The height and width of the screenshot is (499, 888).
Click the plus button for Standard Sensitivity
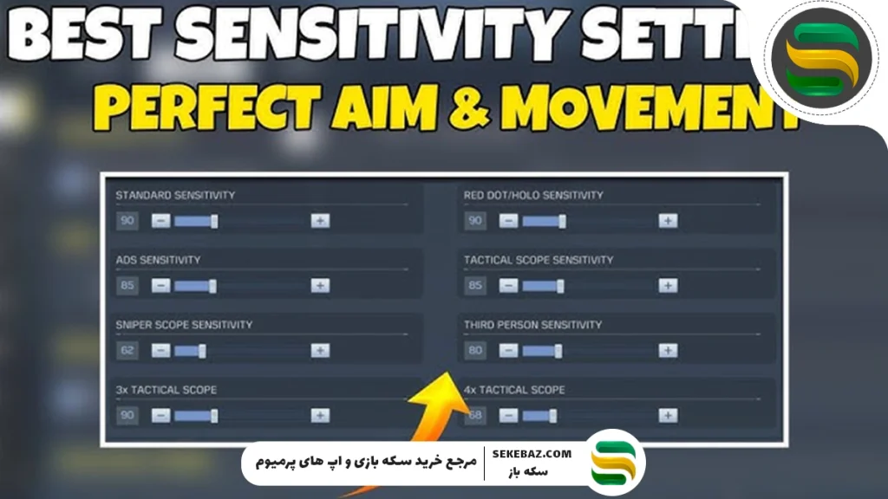[320, 221]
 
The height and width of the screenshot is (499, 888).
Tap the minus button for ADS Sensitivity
[161, 286]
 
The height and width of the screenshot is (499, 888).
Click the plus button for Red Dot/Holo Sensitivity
[667, 221]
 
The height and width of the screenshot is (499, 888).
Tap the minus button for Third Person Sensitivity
[509, 351]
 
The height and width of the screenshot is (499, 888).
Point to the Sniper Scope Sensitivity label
[184, 325]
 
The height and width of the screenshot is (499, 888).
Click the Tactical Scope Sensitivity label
[539, 260]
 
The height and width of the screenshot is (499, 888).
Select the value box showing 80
[475, 351]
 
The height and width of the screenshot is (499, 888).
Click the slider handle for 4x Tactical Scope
[552, 416]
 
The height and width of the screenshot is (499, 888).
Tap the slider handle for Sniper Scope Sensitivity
[202, 351]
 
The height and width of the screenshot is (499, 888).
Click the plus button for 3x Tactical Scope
[320, 416]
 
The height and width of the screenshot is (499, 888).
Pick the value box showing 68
[475, 416]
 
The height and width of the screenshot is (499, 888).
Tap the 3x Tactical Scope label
[166, 390]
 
